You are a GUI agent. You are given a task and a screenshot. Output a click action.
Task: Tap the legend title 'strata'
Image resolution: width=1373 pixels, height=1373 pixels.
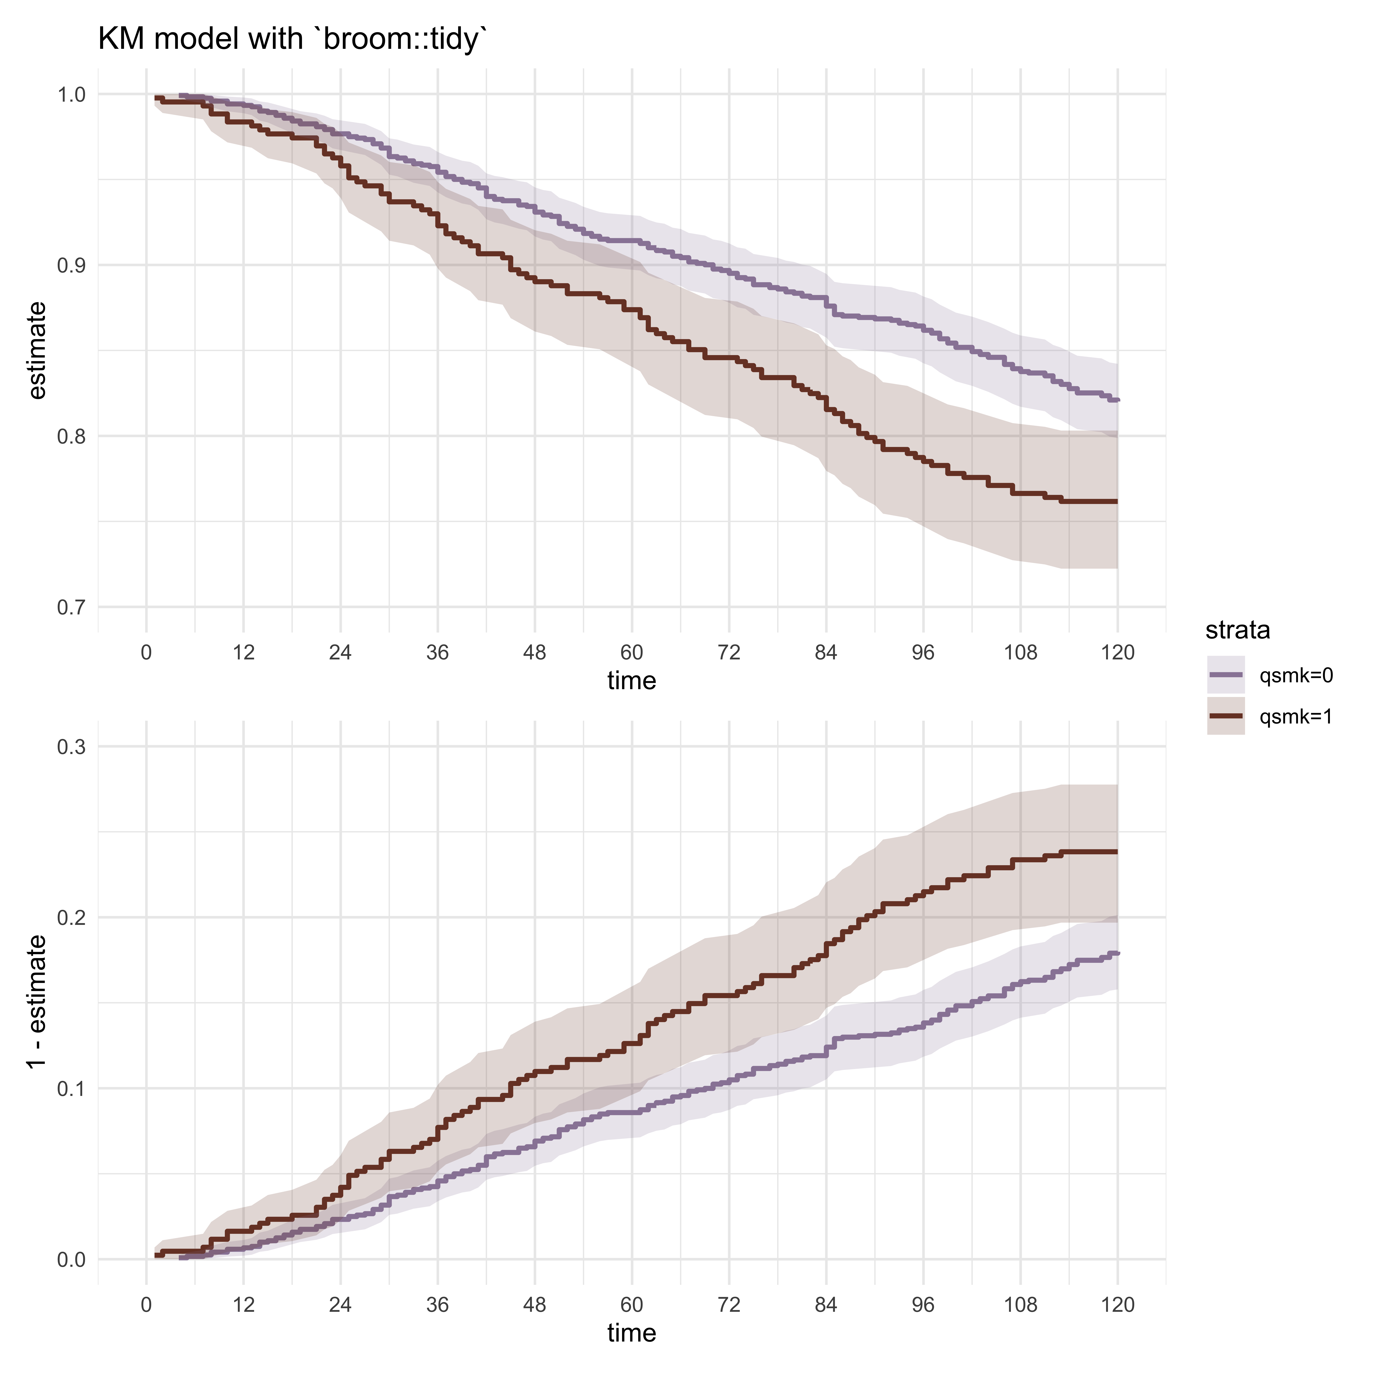pyautogui.click(x=1237, y=630)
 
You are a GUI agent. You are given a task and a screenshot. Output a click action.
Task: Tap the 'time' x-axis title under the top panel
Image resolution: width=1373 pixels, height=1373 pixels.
pyautogui.click(x=631, y=681)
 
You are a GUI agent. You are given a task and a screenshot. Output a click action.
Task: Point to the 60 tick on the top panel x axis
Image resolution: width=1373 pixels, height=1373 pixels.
pyautogui.click(x=631, y=652)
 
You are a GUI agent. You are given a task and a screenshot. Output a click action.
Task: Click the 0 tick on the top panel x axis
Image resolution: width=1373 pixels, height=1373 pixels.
pyautogui.click(x=146, y=652)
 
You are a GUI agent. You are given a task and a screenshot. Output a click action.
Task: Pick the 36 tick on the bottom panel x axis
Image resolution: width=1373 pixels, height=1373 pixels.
pyautogui.click(x=438, y=1305)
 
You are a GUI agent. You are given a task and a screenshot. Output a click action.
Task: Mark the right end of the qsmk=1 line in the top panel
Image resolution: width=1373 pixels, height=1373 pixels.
pyautogui.click(x=1117, y=502)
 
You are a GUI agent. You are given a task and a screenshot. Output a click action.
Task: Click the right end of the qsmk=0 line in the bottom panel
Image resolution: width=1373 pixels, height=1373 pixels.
pyautogui.click(x=1117, y=953)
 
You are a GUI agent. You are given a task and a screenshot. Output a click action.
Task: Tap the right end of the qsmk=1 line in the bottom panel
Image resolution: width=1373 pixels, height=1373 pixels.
pyautogui.click(x=1117, y=851)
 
